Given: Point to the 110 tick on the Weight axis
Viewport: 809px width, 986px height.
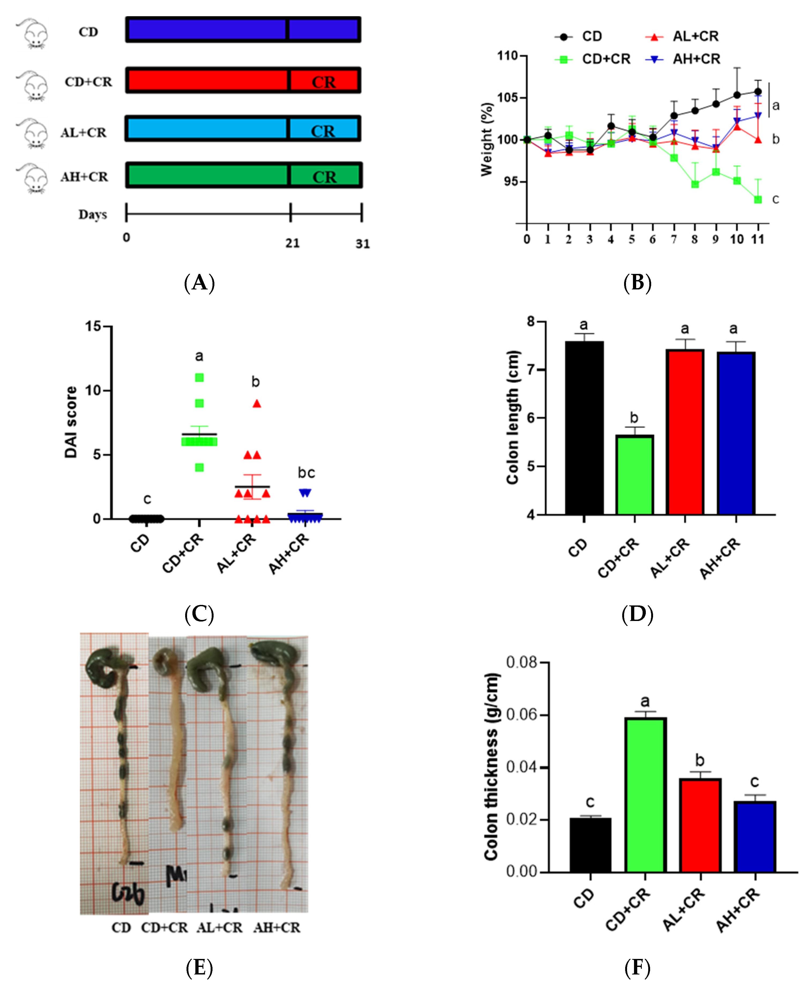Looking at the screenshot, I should [508, 56].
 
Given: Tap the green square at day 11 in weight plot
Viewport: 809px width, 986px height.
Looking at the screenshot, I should [758, 199].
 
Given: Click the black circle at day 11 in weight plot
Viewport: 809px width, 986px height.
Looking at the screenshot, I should [758, 92].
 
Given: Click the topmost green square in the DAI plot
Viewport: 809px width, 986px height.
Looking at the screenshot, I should [199, 377].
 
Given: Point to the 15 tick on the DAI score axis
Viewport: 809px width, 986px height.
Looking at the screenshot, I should [93, 326].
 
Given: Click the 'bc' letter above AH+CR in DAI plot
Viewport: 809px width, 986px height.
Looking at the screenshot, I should [306, 473].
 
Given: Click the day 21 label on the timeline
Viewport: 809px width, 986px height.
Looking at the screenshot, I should [292, 243].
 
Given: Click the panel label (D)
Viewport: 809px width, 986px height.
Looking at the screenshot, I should [637, 615].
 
